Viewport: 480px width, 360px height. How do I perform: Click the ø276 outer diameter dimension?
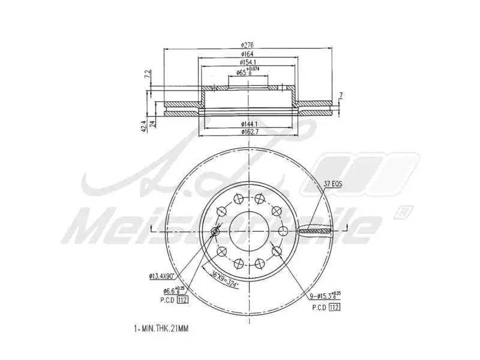[248, 44]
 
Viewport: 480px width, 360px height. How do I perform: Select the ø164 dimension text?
[248, 53]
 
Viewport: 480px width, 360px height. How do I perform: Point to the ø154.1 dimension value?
[248, 62]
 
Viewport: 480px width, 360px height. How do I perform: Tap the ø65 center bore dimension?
[247, 72]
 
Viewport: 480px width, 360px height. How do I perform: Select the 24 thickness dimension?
[153, 124]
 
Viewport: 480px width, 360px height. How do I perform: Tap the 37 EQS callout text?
[332, 185]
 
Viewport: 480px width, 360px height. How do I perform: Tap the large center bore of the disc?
[249, 230]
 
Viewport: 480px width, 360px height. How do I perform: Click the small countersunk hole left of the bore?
[216, 232]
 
